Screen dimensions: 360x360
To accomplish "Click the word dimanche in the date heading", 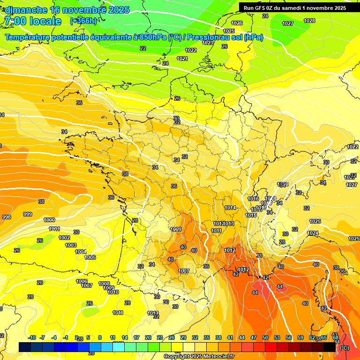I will coord(26,10).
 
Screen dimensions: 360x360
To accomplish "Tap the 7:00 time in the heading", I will coord(15,21).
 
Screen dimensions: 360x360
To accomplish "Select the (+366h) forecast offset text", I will coord(83,21).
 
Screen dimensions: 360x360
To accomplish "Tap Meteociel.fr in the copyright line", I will coord(217,357).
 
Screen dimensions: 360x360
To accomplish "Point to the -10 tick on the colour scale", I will coord(32,337).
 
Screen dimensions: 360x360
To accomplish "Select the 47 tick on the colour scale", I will coord(254,337).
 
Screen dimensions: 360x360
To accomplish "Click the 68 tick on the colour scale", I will coord(335,337).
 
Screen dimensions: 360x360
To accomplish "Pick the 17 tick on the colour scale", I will coord(136,337).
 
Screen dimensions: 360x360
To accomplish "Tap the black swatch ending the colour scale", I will coord(330,347).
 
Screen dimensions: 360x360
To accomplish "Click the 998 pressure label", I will coord(7,217).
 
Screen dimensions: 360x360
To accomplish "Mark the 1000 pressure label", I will coord(49,220).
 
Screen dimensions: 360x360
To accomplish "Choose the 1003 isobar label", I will coord(71,245).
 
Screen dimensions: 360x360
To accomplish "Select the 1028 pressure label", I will coord(309,21).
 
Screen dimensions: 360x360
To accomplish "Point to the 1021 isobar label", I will coord(182,59).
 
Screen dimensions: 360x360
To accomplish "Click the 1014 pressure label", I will coord(230,208).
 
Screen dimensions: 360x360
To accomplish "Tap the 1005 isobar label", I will coord(90,257).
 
